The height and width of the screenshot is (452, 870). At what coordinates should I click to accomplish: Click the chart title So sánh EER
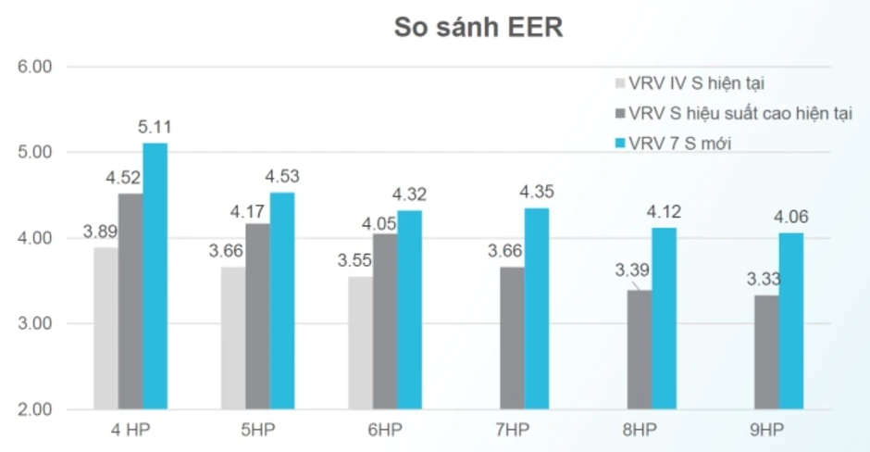[478, 27]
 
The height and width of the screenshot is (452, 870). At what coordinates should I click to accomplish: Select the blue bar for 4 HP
[155, 276]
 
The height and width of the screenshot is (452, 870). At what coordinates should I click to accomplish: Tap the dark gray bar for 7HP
[512, 338]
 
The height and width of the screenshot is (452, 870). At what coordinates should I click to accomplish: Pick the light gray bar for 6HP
[361, 343]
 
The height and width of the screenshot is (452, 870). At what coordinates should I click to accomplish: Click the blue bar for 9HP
[791, 321]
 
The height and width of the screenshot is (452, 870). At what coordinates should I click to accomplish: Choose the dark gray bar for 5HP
[258, 317]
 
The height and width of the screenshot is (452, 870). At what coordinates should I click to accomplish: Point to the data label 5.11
[155, 127]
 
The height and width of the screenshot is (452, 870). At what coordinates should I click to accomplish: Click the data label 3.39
[632, 270]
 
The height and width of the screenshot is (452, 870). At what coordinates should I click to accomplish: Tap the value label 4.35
[537, 192]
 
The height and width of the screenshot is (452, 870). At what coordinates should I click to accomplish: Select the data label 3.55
[354, 260]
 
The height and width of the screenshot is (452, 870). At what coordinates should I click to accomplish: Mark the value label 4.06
[791, 217]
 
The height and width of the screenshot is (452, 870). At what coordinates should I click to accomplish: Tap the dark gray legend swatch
[620, 113]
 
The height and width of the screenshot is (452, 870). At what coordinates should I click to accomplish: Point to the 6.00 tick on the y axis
[34, 67]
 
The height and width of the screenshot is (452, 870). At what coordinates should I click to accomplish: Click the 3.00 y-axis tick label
[34, 323]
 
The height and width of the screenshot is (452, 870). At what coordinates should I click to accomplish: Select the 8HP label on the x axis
[640, 429]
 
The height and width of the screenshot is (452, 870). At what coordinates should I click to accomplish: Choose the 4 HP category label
[130, 429]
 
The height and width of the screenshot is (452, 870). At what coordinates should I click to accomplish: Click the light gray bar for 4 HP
[106, 329]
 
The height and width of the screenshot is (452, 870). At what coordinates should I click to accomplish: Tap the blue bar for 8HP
[665, 319]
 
